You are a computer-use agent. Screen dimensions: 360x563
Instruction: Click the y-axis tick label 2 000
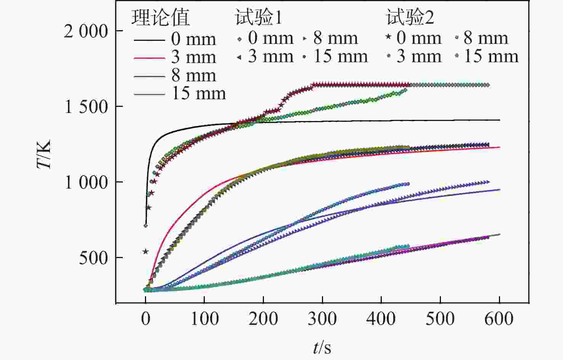[x=86, y=31]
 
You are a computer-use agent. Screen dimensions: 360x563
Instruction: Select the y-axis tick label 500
[x=94, y=258]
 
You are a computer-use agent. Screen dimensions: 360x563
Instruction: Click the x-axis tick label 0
[x=146, y=318]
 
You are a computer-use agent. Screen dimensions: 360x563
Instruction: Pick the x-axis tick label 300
[x=322, y=318]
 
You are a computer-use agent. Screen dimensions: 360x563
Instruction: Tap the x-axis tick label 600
[x=499, y=318]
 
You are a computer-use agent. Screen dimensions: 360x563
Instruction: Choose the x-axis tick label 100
[x=204, y=318]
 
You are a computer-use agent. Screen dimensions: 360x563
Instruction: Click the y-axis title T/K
[x=44, y=155]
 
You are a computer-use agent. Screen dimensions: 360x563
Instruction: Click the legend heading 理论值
[x=161, y=18]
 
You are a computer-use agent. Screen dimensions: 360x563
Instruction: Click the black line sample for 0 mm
[x=149, y=39]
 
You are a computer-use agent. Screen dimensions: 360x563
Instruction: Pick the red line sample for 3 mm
[x=149, y=58]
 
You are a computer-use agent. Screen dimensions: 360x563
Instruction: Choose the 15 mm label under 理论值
[x=199, y=93]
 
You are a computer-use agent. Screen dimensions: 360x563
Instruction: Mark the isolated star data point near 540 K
[x=145, y=251]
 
